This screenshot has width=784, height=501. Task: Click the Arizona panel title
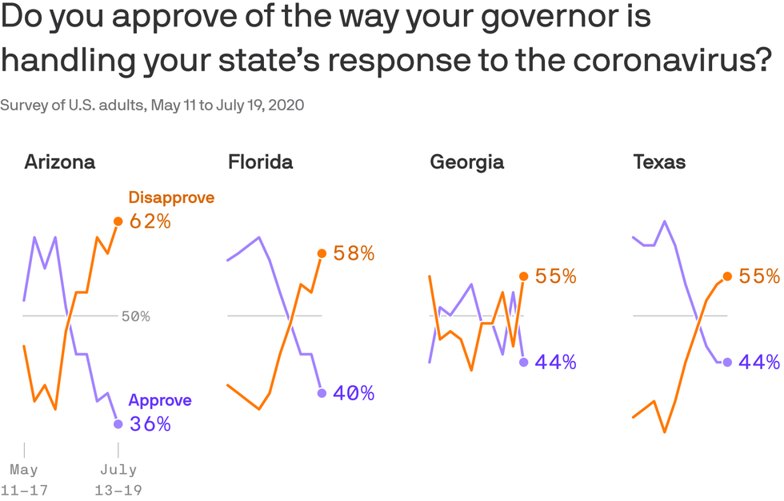(60, 162)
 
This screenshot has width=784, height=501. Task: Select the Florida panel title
(261, 162)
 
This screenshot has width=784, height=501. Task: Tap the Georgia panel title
(467, 162)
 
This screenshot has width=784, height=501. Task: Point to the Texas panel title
(659, 162)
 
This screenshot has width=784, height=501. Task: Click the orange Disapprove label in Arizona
(171, 197)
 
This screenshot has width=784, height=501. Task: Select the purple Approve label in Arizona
(160, 401)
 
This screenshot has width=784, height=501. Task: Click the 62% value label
(150, 221)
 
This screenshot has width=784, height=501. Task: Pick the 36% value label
(150, 424)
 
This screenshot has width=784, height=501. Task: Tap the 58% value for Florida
(354, 254)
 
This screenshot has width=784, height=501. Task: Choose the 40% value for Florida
(354, 393)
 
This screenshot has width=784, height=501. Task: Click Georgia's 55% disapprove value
(556, 276)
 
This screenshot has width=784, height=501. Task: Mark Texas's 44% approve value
(759, 362)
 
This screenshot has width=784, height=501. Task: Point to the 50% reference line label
(136, 316)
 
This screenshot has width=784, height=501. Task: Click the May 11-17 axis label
(24, 479)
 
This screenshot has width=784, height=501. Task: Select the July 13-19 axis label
(118, 479)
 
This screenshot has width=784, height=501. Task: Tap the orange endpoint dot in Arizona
(118, 221)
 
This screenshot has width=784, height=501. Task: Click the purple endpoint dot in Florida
(322, 393)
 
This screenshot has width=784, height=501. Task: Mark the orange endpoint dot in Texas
(727, 276)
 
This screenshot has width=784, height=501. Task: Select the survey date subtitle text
(152, 105)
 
